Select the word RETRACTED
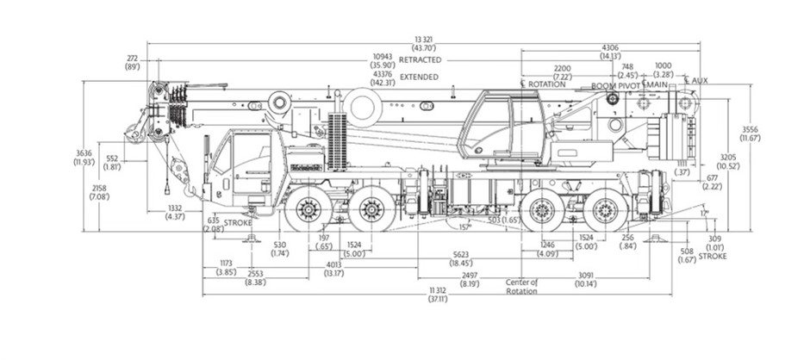421,60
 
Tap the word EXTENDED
419,77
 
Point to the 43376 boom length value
383,74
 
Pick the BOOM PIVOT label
614,87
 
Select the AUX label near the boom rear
699,81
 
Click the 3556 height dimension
751,129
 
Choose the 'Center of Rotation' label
522,286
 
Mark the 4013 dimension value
333,265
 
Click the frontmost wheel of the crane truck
306,209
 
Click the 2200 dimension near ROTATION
562,67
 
